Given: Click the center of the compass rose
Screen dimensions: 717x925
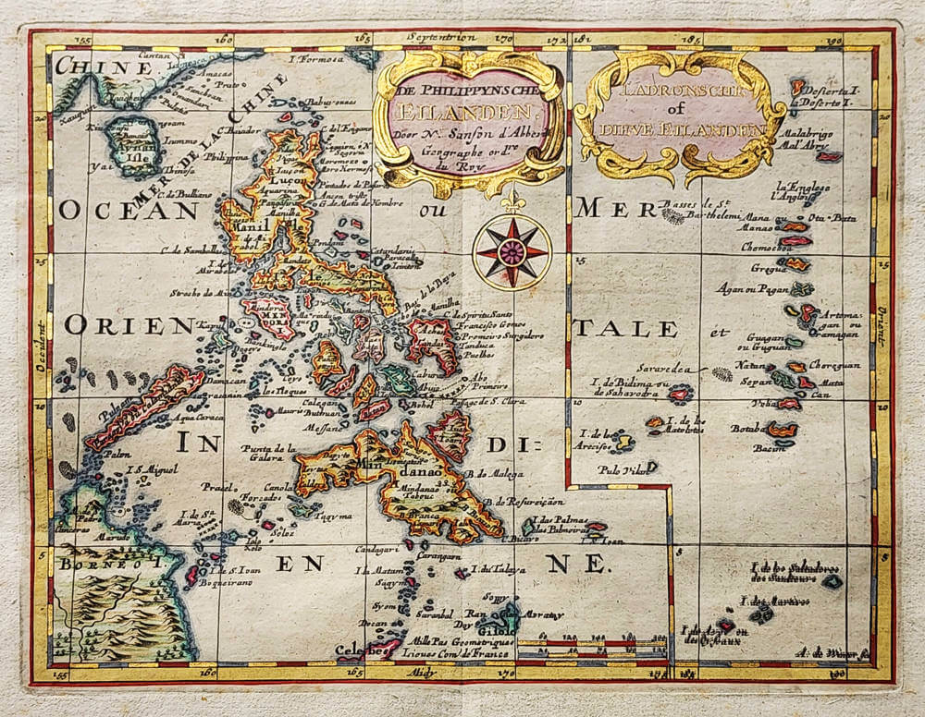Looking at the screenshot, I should click(512, 251).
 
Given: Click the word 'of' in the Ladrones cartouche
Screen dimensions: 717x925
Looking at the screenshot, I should click(682, 113).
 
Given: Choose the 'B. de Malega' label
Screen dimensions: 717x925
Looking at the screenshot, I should click(497, 475).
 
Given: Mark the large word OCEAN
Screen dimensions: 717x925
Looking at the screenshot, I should click(129, 210).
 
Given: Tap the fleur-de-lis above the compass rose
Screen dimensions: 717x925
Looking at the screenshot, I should click(512, 201).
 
